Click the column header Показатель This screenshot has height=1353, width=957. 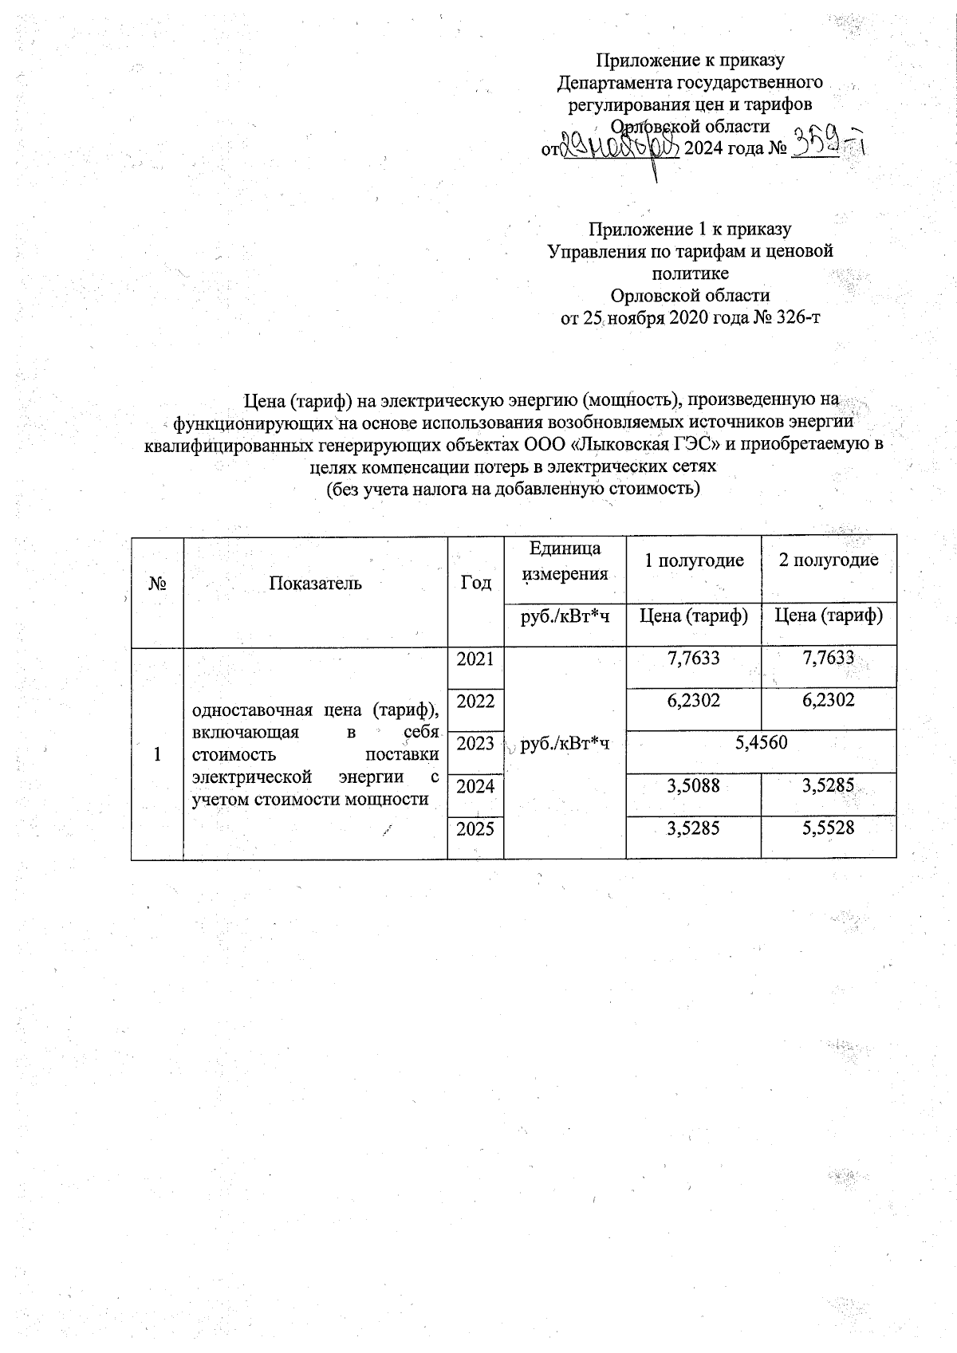(315, 583)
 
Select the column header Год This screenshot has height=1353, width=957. (475, 583)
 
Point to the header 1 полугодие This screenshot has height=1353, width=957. (693, 560)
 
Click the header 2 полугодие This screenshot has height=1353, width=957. (829, 560)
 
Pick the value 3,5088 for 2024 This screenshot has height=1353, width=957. (693, 786)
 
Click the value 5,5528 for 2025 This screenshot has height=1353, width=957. (829, 828)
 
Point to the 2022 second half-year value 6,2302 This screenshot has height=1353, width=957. (829, 701)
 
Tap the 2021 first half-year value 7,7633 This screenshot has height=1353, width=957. (693, 659)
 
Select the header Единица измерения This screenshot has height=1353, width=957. (565, 560)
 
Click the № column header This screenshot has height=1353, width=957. (157, 583)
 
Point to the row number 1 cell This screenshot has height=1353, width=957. (157, 753)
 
